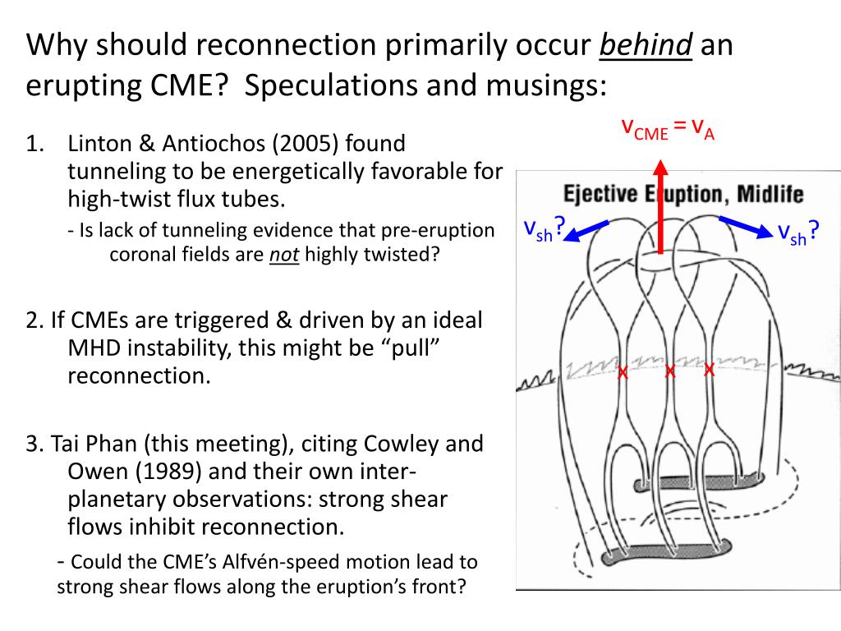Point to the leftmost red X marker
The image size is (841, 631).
pos(623,374)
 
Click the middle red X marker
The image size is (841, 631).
pos(669,372)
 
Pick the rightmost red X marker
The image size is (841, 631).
pos(710,371)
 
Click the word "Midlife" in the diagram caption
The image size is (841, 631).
pos(770,195)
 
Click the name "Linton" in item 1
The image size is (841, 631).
pos(96,145)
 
